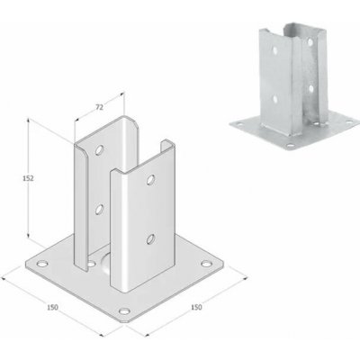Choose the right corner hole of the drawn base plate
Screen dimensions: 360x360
[209, 265]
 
